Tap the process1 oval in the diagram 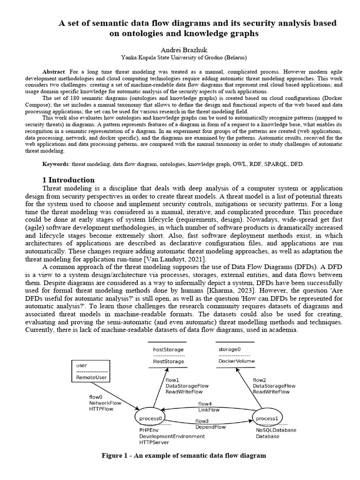pyautogui.click(x=268, y=418)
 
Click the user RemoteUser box pyautogui.click(x=90, y=371)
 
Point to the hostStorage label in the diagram pyautogui.click(x=168, y=350)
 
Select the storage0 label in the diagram pyautogui.click(x=229, y=350)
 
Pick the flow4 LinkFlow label pyautogui.click(x=208, y=406)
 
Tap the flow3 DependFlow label pyautogui.click(x=210, y=424)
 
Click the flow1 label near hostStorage pyautogui.click(x=172, y=380)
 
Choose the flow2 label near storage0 pyautogui.click(x=260, y=380)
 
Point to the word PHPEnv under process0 pyautogui.click(x=149, y=430)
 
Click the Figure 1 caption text pyautogui.click(x=184, y=456)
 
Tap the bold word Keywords pyautogui.click(x=56, y=165)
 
